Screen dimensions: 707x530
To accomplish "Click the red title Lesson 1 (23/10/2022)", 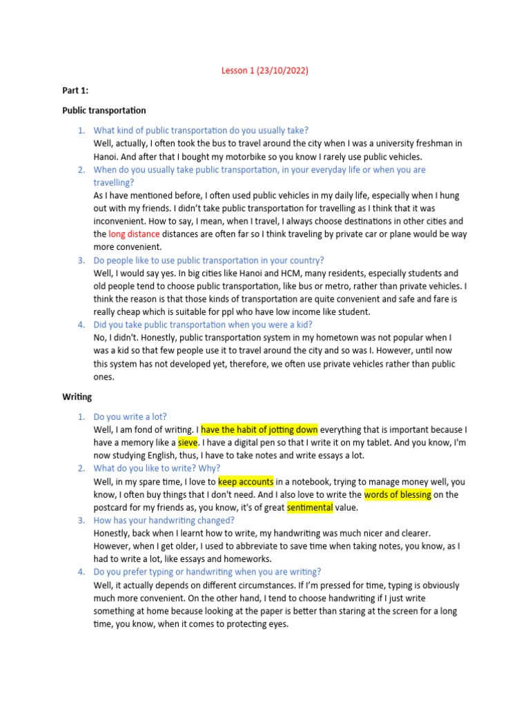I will (265, 70).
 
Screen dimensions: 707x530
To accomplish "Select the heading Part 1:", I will (75, 90).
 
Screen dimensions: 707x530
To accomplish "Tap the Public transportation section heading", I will (104, 110).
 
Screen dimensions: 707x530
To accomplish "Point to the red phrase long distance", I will (133, 234).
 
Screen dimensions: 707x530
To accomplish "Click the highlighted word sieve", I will (188, 443).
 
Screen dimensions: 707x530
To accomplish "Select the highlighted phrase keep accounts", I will (246, 481).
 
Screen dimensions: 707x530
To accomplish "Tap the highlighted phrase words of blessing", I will (397, 494).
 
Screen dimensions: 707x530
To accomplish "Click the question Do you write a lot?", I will (130, 416).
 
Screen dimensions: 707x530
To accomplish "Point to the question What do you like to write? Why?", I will (157, 468).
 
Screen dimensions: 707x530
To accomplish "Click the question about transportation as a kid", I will (203, 325).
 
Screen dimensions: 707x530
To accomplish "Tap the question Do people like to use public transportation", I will (208, 260).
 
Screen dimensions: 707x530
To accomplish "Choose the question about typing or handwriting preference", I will (207, 572).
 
